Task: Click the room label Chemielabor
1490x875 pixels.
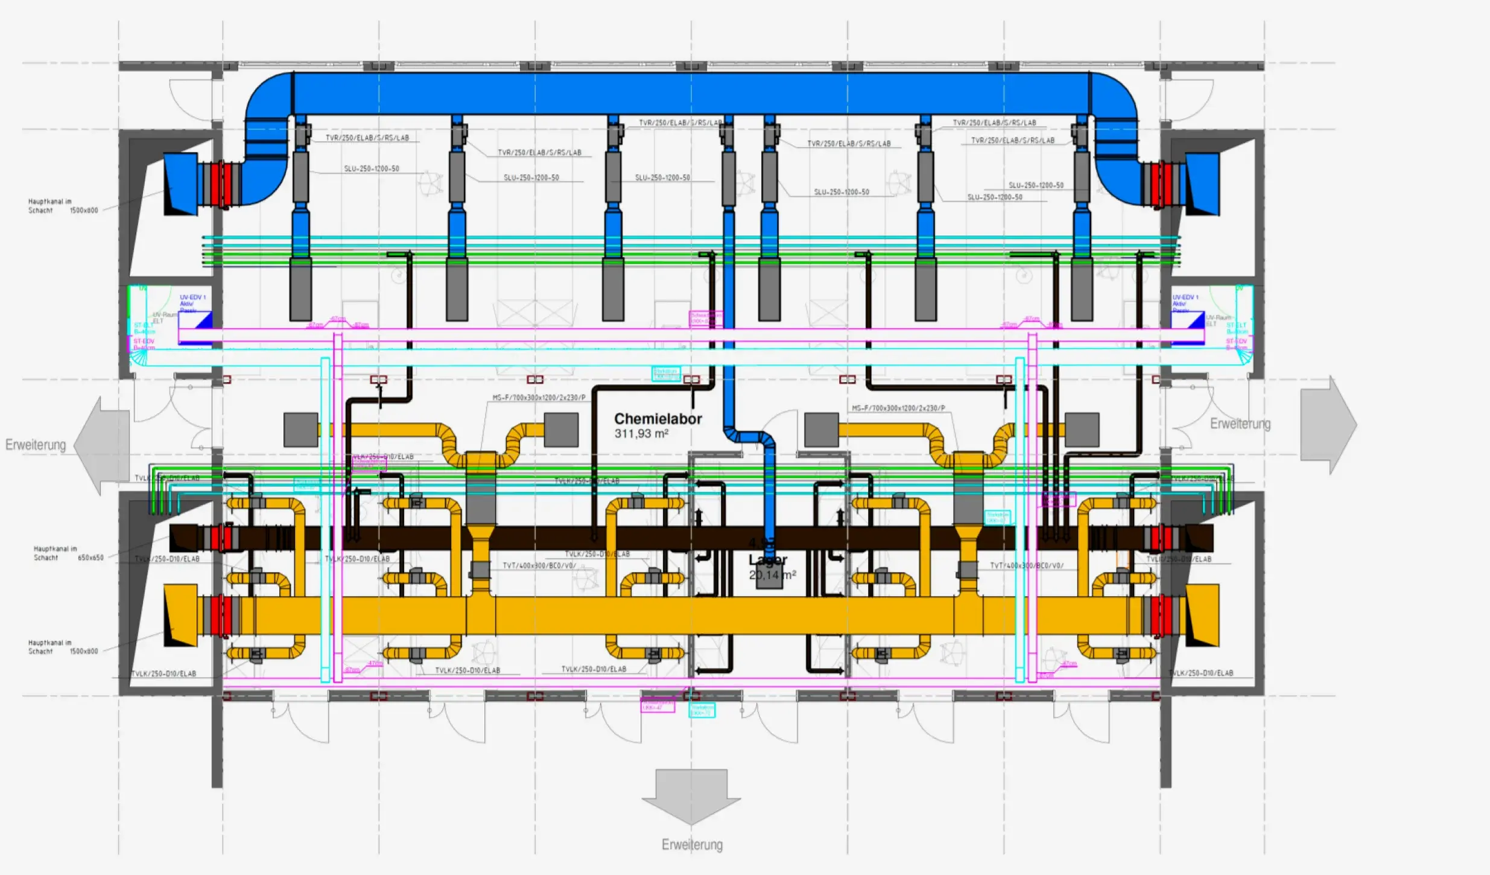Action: tap(658, 419)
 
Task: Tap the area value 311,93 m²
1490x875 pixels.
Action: tap(641, 434)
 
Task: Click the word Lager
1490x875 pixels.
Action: tap(768, 560)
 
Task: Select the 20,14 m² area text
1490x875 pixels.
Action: tap(772, 575)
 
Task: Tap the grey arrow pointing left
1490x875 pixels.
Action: tap(102, 445)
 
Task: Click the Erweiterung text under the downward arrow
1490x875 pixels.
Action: tap(692, 845)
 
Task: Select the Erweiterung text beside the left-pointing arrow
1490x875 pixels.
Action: tap(36, 445)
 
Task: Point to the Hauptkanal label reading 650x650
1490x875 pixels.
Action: tap(68, 553)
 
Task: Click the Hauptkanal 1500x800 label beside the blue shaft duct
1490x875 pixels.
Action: tap(63, 206)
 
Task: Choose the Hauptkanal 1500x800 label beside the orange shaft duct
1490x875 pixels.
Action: tap(63, 647)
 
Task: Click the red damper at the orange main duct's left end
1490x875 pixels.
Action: tap(221, 616)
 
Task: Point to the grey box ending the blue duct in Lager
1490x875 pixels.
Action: tap(770, 576)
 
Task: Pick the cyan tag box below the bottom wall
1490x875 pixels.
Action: tap(702, 710)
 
